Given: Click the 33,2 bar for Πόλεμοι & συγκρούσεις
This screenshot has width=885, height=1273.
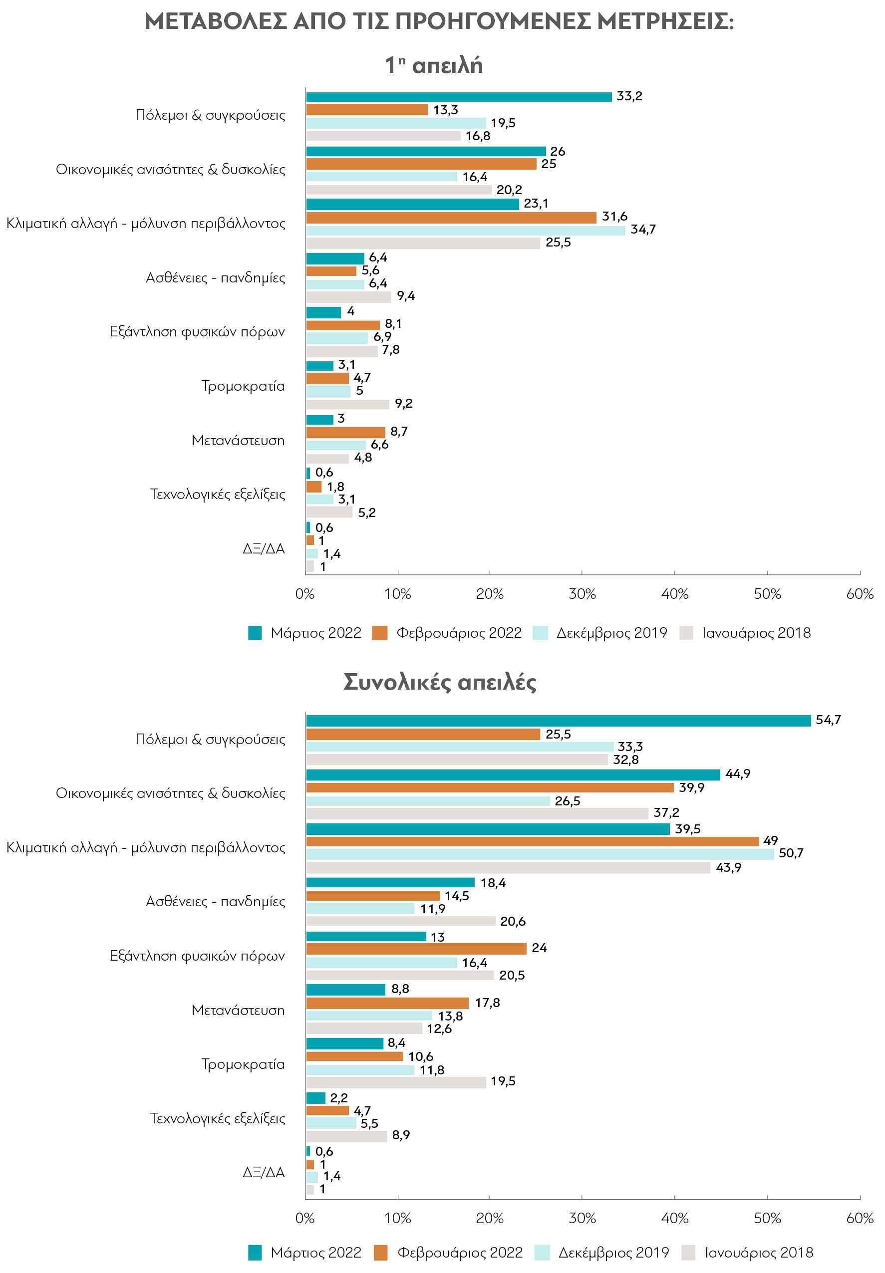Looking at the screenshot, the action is (x=459, y=97).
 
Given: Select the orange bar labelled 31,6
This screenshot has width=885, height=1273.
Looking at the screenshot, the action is (x=451, y=217).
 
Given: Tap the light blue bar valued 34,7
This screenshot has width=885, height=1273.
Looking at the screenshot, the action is (x=465, y=231).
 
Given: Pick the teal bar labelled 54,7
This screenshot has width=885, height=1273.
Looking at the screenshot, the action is (x=558, y=721).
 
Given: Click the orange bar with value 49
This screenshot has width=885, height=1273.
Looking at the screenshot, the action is (x=532, y=841).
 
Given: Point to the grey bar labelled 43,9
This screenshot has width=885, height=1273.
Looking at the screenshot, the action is (x=508, y=867).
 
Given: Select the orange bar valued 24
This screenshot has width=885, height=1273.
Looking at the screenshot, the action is (x=416, y=949).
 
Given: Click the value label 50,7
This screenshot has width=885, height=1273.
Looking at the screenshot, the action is (x=791, y=853).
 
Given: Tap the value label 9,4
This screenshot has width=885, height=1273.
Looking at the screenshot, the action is (x=405, y=296).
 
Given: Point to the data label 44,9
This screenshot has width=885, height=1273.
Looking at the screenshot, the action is (x=738, y=774).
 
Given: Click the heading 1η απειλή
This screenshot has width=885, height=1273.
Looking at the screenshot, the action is (x=434, y=65).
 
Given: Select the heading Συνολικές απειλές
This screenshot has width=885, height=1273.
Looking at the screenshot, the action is (x=440, y=682).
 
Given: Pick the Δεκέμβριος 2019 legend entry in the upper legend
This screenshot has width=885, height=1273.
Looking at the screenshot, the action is (x=599, y=633).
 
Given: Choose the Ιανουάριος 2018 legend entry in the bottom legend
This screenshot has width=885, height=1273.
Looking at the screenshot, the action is (x=747, y=1253).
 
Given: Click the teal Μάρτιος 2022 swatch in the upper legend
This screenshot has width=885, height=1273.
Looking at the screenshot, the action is (x=255, y=633).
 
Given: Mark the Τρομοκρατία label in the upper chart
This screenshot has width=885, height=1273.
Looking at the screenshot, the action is (x=243, y=386).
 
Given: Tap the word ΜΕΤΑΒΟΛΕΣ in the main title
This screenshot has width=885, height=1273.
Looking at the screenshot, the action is (x=216, y=22).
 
